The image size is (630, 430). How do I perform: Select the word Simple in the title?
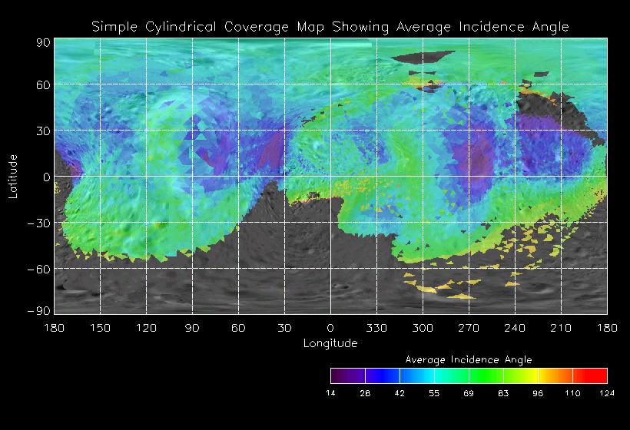click(113, 27)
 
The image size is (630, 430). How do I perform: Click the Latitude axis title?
click(13, 176)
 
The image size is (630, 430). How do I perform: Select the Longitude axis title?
click(330, 343)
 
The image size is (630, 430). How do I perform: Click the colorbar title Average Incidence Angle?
click(468, 359)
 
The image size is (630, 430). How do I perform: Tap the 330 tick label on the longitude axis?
click(376, 328)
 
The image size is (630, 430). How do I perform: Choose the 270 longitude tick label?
click(469, 328)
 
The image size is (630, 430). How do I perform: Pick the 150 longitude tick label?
click(100, 328)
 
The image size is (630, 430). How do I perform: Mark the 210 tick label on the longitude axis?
click(561, 328)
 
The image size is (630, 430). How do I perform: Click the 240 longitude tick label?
click(515, 328)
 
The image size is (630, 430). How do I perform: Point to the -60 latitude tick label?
click(39, 269)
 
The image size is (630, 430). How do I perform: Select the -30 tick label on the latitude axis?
click(39, 223)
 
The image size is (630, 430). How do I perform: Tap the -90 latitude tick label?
click(39, 310)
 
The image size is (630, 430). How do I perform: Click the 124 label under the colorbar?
click(607, 393)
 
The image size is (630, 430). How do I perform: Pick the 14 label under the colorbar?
click(330, 393)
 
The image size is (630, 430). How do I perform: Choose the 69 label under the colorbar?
click(469, 393)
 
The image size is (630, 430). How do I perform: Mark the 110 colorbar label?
click(572, 393)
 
